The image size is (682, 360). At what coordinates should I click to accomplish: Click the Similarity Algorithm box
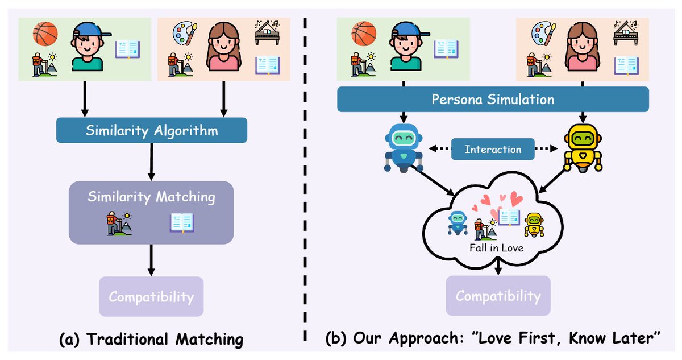(151, 130)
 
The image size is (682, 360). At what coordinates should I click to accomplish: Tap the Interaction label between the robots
(493, 150)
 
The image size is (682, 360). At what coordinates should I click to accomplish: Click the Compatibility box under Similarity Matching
(151, 296)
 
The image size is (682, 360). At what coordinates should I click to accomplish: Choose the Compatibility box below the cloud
(498, 296)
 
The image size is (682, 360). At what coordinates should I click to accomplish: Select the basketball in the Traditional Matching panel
(45, 33)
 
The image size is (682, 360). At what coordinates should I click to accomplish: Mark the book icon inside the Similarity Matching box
(182, 222)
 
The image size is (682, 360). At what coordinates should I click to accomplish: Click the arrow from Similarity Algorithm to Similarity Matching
(151, 162)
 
